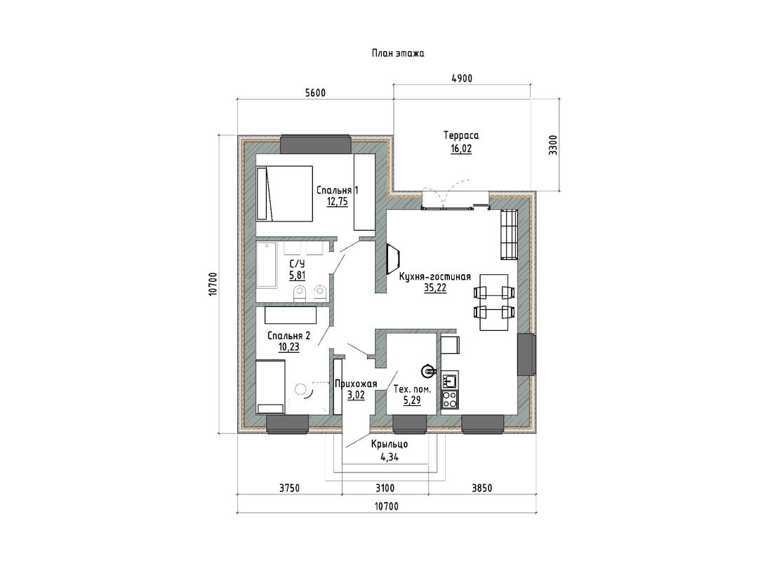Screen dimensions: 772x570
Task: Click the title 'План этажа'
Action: point(398,53)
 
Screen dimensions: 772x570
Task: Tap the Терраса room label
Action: point(461,135)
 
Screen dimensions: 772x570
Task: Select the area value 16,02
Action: point(461,149)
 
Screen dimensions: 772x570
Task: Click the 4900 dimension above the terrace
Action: point(461,79)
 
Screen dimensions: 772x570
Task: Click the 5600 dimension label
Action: point(315,93)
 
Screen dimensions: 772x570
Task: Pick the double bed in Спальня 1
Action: point(284,194)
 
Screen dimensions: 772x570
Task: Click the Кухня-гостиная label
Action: point(435,276)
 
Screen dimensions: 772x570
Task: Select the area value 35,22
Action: point(435,289)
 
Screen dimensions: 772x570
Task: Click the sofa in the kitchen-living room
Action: point(509,234)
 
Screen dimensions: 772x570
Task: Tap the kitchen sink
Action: point(450,380)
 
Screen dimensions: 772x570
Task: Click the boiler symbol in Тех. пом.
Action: point(428,370)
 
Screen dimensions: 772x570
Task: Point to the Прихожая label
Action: point(356,384)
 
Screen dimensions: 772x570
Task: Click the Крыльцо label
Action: point(390,444)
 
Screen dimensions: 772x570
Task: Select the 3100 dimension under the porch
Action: point(385,488)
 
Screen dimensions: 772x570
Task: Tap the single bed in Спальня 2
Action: point(270,386)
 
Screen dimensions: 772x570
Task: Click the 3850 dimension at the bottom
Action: point(482,488)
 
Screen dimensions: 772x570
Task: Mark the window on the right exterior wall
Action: point(526,355)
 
